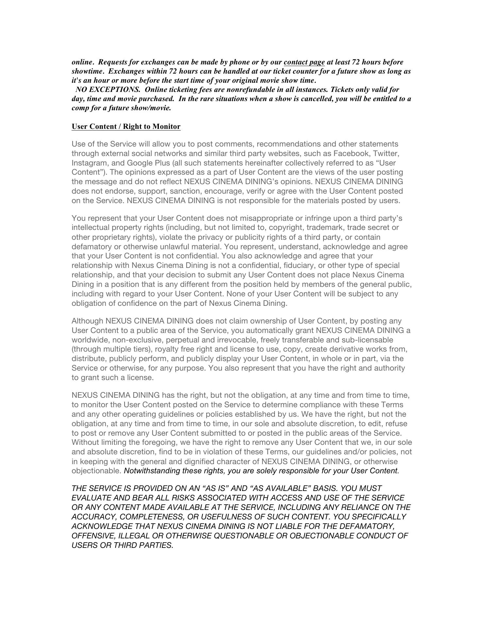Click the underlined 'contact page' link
pos(304,62)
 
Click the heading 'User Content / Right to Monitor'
pos(126,127)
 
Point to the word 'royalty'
pos(167,350)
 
